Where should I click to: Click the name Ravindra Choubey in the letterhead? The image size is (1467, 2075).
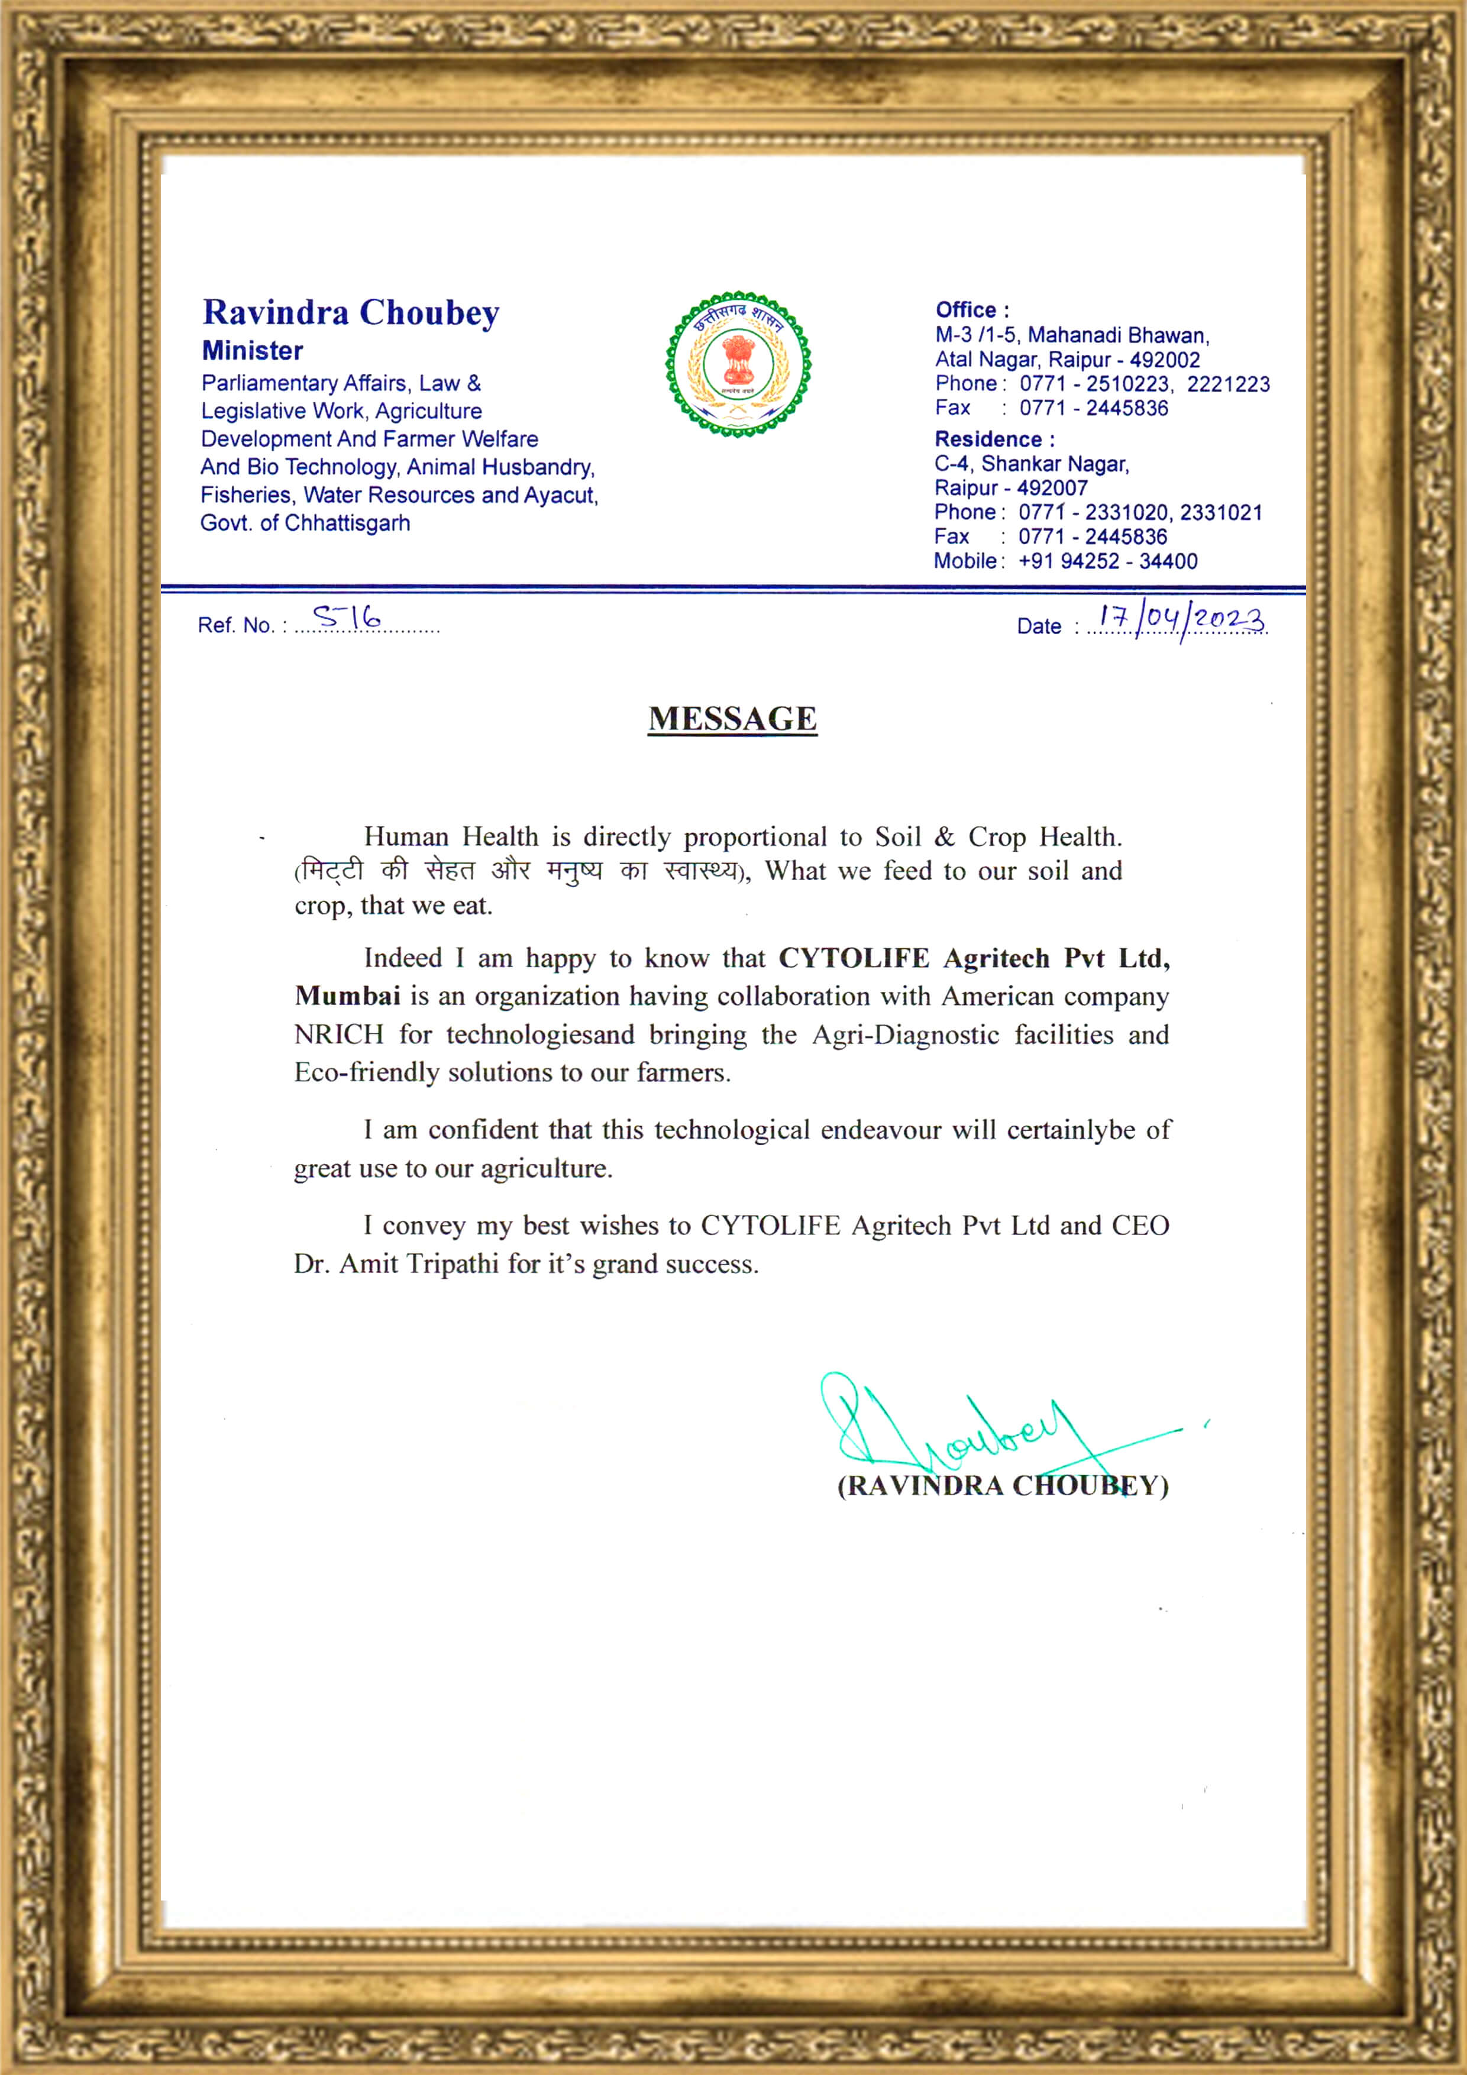(351, 313)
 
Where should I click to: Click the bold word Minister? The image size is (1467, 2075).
(252, 351)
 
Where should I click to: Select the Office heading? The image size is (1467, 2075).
(972, 310)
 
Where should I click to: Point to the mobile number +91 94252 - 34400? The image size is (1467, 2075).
(1107, 561)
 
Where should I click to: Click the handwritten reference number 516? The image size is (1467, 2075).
(347, 618)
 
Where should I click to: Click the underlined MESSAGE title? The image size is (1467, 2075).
(732, 719)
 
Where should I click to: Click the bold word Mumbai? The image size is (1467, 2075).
(347, 996)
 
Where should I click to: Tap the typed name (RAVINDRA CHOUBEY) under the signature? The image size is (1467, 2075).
(1003, 1486)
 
